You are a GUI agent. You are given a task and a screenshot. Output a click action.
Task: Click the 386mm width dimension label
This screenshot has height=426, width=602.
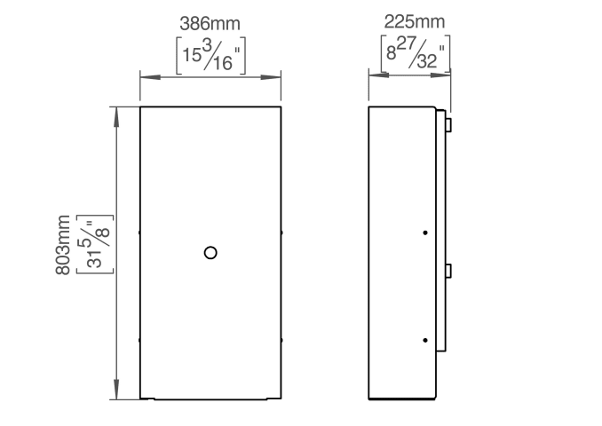[x=210, y=24]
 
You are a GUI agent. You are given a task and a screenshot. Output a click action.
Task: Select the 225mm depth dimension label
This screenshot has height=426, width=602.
[x=415, y=21]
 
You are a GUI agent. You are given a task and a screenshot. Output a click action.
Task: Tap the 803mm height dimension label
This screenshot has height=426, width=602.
[x=63, y=245]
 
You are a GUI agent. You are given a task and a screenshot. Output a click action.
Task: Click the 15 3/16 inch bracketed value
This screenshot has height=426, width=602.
[x=210, y=56]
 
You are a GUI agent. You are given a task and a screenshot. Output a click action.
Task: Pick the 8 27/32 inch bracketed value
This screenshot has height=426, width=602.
[x=416, y=53]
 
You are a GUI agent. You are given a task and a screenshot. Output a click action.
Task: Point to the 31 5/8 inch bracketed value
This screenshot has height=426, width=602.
[x=95, y=244]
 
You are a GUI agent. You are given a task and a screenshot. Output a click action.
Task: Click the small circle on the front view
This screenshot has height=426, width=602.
[x=210, y=253]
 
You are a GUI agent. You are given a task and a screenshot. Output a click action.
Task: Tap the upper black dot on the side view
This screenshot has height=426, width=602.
[x=425, y=233]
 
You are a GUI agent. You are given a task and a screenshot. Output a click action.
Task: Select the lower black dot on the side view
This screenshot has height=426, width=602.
[x=425, y=340]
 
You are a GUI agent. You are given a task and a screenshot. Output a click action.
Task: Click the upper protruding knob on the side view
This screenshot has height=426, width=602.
[x=448, y=125]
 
